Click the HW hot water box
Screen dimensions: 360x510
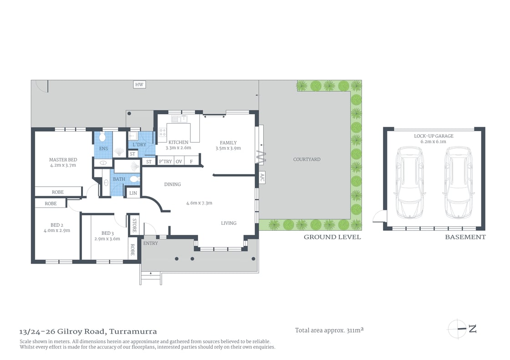tap(139, 84)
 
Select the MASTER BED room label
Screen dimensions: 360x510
tap(63, 160)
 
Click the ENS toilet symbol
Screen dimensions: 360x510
tap(102, 137)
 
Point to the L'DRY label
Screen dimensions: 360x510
tap(139, 145)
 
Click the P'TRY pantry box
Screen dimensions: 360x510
tap(165, 161)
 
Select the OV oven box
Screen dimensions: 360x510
tap(179, 161)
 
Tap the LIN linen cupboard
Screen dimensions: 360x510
tap(133, 193)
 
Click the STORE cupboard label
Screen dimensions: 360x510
tap(134, 225)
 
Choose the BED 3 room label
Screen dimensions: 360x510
tap(107, 233)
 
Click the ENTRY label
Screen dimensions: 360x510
tap(150, 243)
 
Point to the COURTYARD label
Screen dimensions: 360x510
tap(306, 159)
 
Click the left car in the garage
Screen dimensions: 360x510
tap(409, 182)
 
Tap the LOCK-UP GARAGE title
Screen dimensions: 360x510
tap(433, 136)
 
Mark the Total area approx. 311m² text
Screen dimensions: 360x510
tap(329, 330)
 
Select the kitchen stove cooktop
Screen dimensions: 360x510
tap(163, 132)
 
